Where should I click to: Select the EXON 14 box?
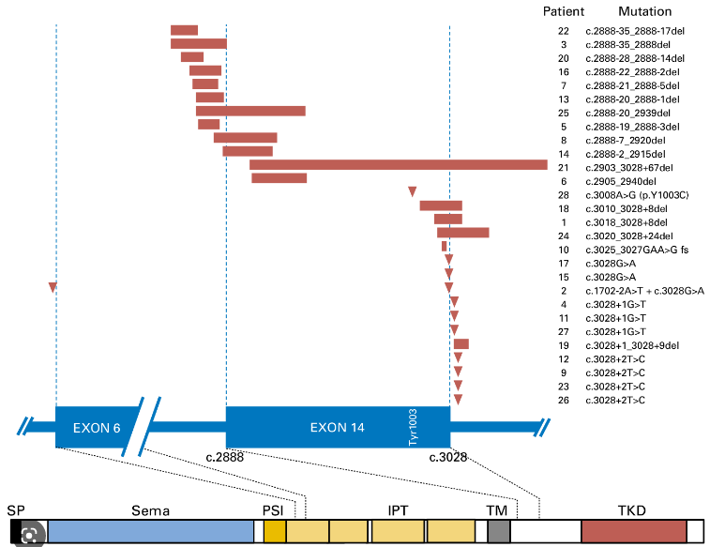(x=338, y=428)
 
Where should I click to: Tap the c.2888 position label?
(x=225, y=458)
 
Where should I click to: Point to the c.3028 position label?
(x=448, y=458)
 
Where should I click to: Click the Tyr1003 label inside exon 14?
(x=414, y=428)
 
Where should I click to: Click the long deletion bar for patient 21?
(x=399, y=165)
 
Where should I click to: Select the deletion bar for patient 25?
(x=250, y=111)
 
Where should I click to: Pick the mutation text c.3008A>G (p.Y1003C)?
(x=638, y=194)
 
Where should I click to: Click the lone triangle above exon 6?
(x=53, y=286)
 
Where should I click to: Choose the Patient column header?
(x=564, y=12)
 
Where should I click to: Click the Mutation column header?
(x=644, y=12)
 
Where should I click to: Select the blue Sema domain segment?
(x=150, y=532)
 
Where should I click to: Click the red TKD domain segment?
(x=633, y=532)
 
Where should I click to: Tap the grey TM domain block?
(x=499, y=532)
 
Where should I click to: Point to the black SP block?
(x=16, y=531)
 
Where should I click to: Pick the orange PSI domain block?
(x=274, y=532)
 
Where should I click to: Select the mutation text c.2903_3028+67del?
(x=630, y=167)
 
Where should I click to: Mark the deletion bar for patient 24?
(x=463, y=233)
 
